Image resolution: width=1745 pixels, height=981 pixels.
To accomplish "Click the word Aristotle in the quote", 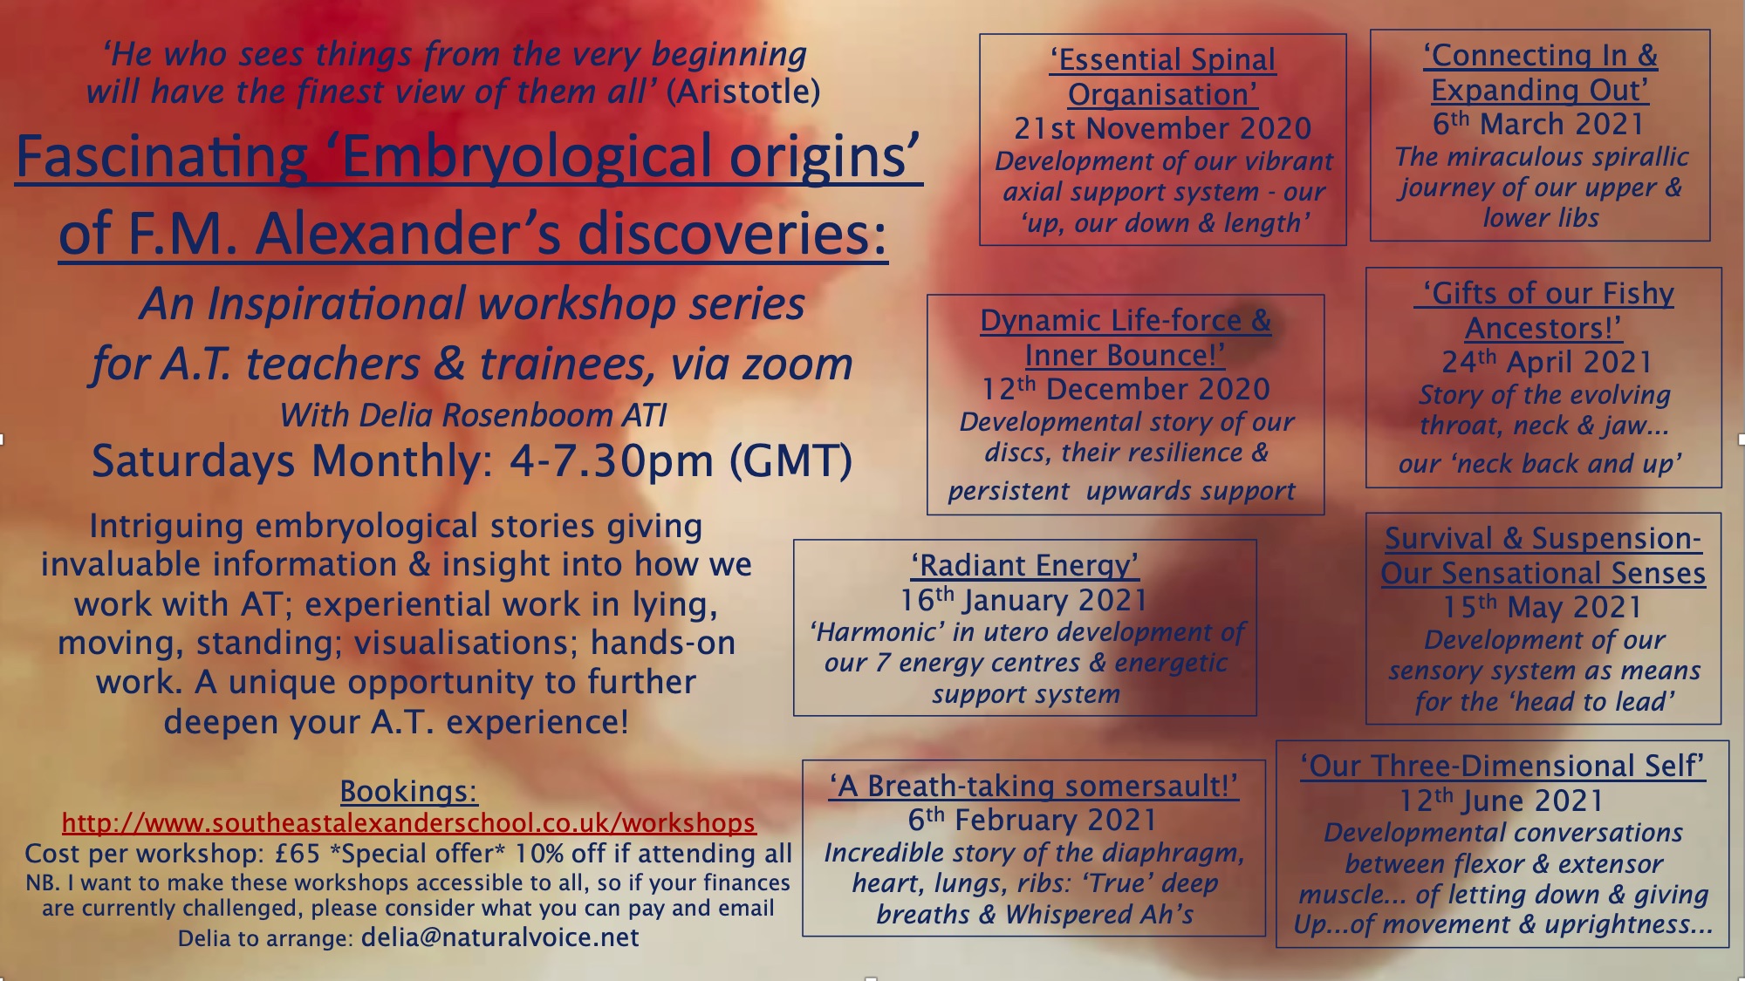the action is [742, 92].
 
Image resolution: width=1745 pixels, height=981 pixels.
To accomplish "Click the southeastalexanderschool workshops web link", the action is [408, 823].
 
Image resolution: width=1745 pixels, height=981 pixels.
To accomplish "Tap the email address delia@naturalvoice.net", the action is [500, 937].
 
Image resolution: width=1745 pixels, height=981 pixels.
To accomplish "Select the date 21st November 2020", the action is [1162, 128].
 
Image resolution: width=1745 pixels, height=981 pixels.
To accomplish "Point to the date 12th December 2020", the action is [1126, 389].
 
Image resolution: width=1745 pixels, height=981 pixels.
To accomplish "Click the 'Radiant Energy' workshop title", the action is [1025, 565].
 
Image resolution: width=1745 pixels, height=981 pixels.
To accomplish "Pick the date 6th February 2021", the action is [1032, 820].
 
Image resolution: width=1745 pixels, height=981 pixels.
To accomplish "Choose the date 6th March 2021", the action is [1538, 124].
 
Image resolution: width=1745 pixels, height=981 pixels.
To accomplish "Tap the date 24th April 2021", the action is [1547, 362].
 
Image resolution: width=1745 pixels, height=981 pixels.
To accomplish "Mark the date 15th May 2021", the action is [1543, 607].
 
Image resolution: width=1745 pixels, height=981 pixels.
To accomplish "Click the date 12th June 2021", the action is [1502, 800].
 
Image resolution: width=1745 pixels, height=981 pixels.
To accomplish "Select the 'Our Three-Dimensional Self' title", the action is [1502, 766].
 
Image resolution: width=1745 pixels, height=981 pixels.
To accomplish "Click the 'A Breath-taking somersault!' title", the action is [1033, 786].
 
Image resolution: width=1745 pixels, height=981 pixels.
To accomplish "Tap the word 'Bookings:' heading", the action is [408, 792].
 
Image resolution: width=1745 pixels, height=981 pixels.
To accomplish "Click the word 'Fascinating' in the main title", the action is [161, 157].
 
